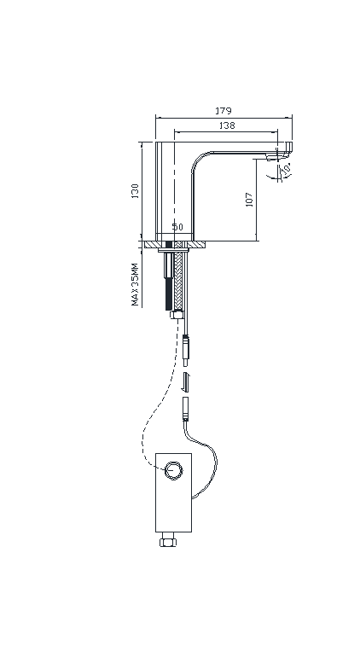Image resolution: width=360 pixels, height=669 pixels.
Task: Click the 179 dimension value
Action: [223, 111]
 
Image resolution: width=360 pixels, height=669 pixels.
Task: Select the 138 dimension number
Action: [227, 125]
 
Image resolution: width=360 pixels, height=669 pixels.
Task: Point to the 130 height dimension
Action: [135, 191]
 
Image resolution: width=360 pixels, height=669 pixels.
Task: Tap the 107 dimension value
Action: [249, 200]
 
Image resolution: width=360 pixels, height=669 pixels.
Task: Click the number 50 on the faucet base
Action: [177, 227]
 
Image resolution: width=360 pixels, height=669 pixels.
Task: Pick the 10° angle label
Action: [287, 169]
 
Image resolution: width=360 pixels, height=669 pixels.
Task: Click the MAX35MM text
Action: [135, 284]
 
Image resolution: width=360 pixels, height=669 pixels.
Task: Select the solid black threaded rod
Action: [169, 276]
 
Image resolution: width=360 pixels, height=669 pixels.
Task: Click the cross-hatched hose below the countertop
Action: [179, 276]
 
